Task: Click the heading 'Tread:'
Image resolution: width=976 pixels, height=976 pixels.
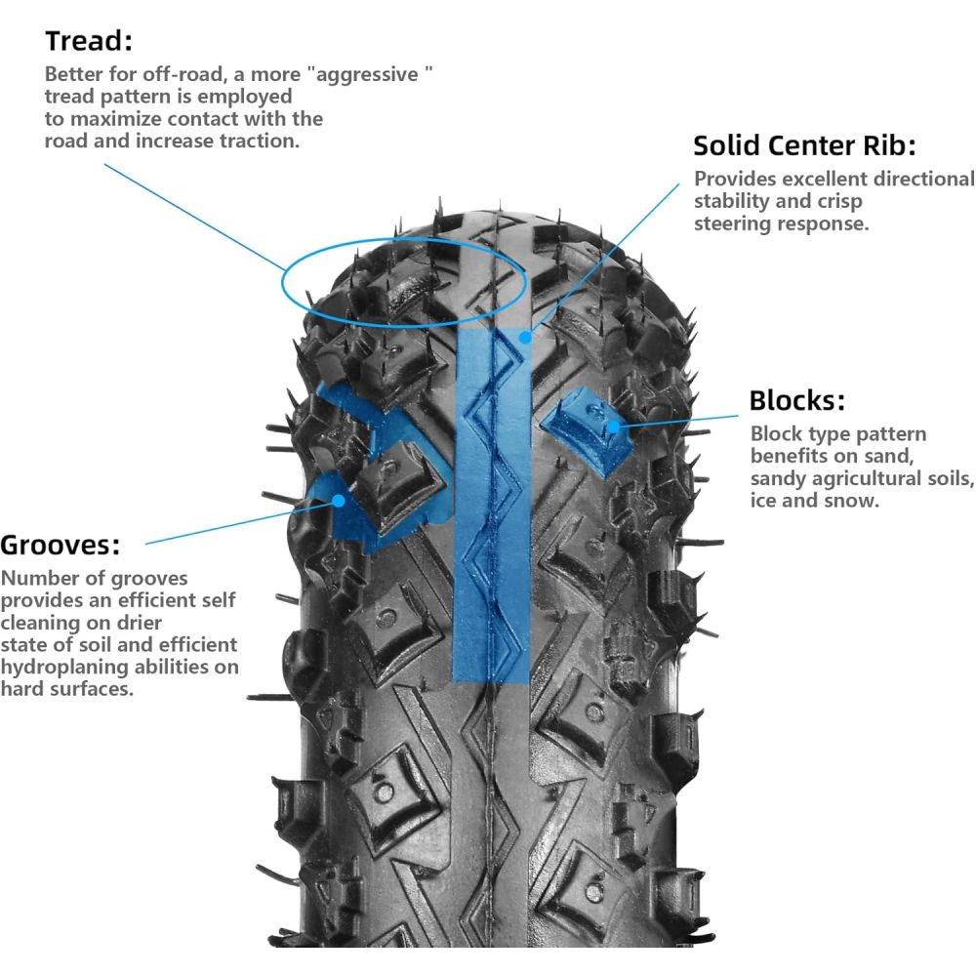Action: point(89,42)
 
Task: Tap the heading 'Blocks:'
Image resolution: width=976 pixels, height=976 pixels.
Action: point(796,401)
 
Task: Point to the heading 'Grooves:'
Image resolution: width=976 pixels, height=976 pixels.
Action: point(61,544)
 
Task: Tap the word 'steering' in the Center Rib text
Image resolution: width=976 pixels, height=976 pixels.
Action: point(734,223)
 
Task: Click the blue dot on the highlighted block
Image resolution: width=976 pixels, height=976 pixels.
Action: point(613,426)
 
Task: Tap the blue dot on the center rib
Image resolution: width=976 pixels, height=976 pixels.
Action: point(525,337)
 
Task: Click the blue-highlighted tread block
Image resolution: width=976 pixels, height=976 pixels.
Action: point(582,429)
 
